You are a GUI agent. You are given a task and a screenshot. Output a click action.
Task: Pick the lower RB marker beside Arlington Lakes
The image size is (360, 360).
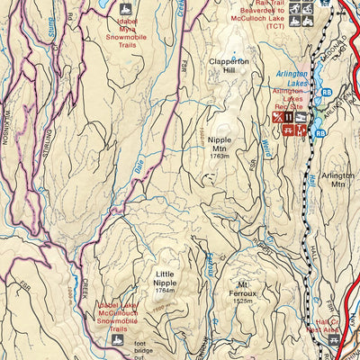pos(319,132)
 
